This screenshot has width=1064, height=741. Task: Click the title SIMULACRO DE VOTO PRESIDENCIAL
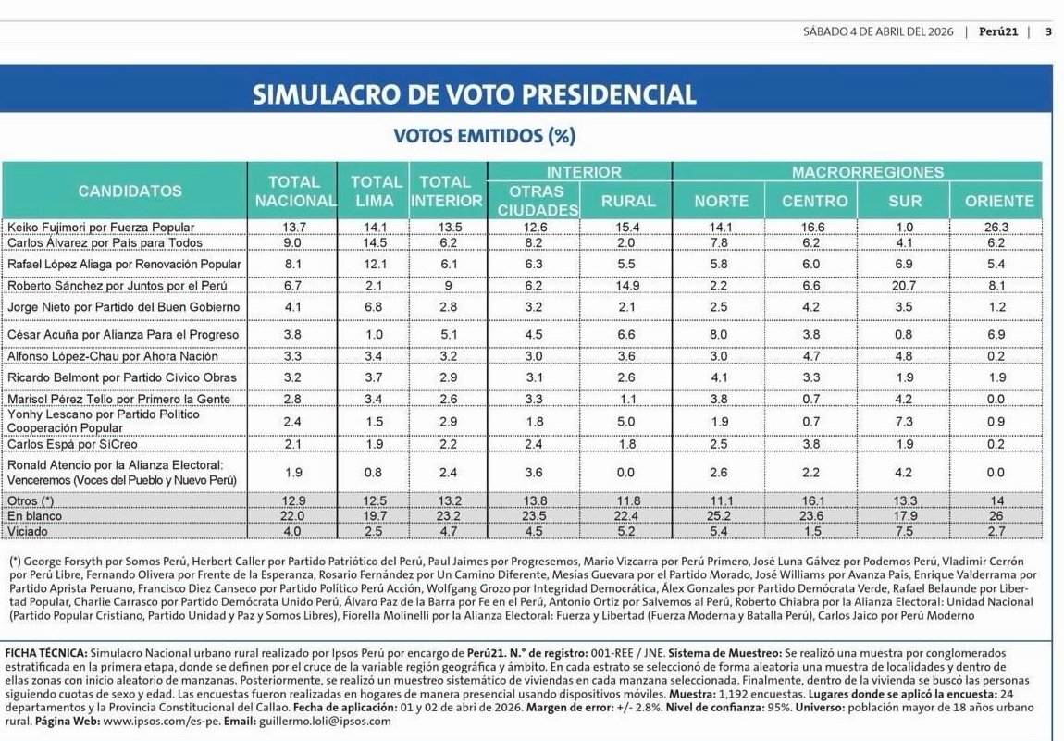474,94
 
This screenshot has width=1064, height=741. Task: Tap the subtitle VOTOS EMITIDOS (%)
484,136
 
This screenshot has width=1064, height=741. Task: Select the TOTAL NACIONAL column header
294,191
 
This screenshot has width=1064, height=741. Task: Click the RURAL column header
627,200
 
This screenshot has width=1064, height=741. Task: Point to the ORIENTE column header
998,200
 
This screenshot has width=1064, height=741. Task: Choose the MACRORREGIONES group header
867,172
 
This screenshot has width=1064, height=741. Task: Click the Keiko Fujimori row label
101,227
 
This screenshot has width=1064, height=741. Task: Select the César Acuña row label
122,334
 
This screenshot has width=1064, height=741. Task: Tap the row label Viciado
27,531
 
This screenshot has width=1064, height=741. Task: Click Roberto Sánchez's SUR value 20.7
905,286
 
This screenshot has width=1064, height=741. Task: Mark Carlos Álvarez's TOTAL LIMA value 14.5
374,241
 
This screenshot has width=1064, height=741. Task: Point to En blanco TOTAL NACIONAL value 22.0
293,515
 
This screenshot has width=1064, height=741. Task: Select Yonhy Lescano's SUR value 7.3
905,421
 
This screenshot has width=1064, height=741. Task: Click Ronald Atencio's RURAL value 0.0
627,474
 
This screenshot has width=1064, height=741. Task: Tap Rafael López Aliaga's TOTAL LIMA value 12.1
374,265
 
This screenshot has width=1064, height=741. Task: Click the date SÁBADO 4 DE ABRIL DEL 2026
878,31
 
